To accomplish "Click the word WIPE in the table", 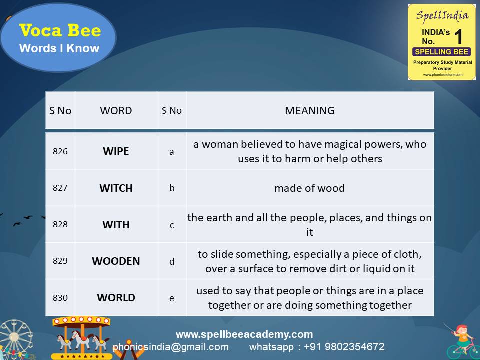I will click(116, 151).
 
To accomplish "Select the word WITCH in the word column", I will click(116, 188).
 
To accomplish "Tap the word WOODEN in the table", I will click(116, 261).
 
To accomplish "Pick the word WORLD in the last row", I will click(116, 298).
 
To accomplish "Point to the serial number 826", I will click(60, 151).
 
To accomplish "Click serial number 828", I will click(60, 225).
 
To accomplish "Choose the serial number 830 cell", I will click(60, 298).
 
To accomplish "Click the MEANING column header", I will click(309, 111).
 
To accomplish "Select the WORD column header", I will click(116, 111).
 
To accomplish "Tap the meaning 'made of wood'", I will click(309, 188).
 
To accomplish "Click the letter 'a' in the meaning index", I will click(172, 152).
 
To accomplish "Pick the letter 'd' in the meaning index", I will click(172, 262).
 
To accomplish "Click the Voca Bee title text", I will click(60, 31).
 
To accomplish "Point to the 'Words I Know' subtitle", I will click(59, 48).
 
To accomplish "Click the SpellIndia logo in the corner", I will click(441, 42).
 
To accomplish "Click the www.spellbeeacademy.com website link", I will click(244, 334).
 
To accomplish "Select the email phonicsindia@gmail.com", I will click(170, 347).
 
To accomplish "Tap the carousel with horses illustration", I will click(82, 337).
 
